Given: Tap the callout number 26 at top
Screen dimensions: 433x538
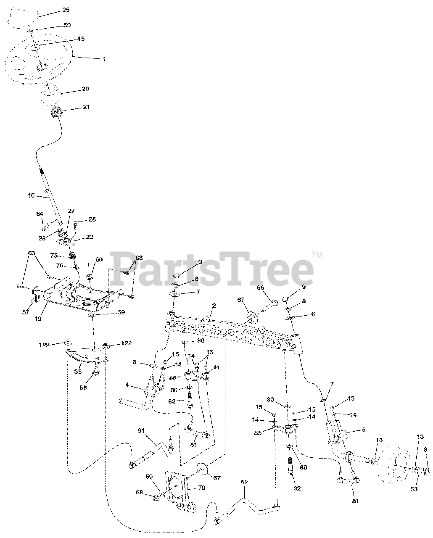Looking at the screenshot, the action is coord(66,10).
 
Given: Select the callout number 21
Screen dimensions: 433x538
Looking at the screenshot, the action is coord(86,107).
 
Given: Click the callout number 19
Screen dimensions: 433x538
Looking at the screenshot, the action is coord(38,319).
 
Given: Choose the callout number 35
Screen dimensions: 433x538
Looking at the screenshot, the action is coord(78,372).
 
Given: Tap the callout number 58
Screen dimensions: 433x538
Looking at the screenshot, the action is coord(83,388).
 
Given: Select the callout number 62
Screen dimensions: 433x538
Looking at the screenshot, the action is coord(244,482).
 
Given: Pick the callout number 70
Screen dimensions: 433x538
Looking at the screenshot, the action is coord(201,488).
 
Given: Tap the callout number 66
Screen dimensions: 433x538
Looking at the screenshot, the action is coord(260,287).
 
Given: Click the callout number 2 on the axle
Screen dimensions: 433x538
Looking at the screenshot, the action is coord(214,306).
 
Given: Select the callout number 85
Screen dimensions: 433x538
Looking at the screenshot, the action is coord(264,432).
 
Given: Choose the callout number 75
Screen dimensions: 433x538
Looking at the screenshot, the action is coord(54,255).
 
